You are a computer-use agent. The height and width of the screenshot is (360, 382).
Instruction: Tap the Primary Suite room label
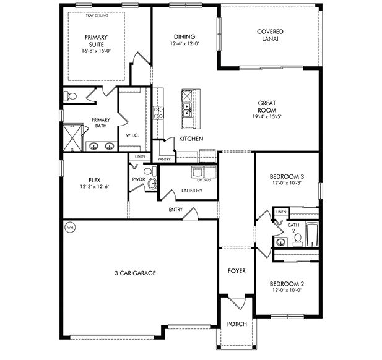click(96, 40)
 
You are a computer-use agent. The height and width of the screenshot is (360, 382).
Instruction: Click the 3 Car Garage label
click(134, 273)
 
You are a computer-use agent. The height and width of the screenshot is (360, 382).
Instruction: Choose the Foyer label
click(237, 271)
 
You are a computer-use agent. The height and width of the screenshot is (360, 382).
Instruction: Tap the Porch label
click(237, 324)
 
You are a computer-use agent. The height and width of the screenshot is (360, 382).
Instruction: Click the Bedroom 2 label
click(286, 284)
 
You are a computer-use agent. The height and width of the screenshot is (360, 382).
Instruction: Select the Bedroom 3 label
click(286, 176)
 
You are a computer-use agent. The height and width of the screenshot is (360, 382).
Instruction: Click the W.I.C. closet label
click(131, 135)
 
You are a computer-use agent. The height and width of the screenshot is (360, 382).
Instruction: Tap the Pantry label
click(164, 160)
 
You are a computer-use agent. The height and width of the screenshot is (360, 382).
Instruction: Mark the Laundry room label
click(192, 191)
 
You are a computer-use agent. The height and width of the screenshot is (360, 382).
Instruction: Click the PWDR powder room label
click(138, 179)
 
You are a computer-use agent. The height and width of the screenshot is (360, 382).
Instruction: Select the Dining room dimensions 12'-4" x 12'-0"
click(184, 45)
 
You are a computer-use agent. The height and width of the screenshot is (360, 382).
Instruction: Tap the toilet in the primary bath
click(71, 96)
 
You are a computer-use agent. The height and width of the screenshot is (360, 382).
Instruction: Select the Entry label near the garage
click(175, 209)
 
